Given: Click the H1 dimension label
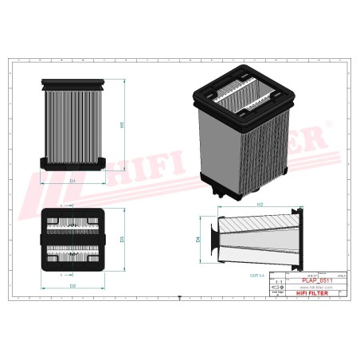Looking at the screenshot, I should [x=122, y=125].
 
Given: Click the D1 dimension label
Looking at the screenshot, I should [x=72, y=181].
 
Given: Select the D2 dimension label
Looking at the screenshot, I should [x=72, y=284].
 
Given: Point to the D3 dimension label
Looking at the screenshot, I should [x=122, y=238].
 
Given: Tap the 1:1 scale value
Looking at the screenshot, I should [x=276, y=282].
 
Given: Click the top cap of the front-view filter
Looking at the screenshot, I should [x=72, y=82].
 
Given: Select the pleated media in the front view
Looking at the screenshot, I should [x=72, y=123].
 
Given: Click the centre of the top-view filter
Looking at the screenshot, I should [x=72, y=239].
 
